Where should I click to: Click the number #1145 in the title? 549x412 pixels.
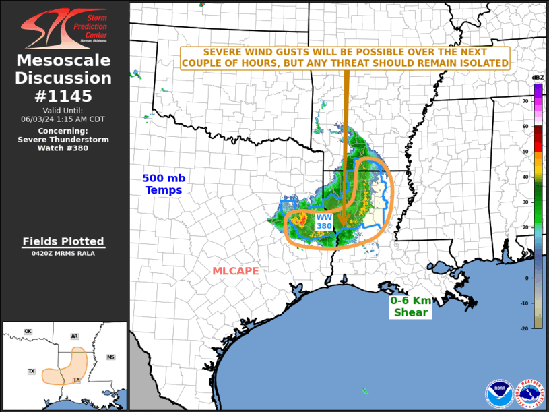point(64,96)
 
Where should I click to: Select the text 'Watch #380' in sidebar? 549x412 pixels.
point(63,148)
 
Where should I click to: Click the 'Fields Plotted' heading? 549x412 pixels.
point(63,241)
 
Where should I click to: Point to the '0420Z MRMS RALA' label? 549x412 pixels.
point(63,254)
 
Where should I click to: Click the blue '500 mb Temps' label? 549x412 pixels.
point(163,184)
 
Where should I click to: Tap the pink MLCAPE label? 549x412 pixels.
point(236,271)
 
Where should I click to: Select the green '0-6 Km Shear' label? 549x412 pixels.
point(410,306)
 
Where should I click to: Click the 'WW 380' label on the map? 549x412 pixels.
point(324,221)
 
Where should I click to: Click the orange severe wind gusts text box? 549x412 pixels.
point(346,57)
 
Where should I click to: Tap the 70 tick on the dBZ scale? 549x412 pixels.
point(525,100)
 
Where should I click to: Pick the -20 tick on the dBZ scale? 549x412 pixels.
point(525,328)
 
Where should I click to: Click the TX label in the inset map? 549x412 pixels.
point(31,372)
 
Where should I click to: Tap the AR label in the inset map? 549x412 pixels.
point(74,336)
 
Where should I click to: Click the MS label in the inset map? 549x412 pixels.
point(110,357)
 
